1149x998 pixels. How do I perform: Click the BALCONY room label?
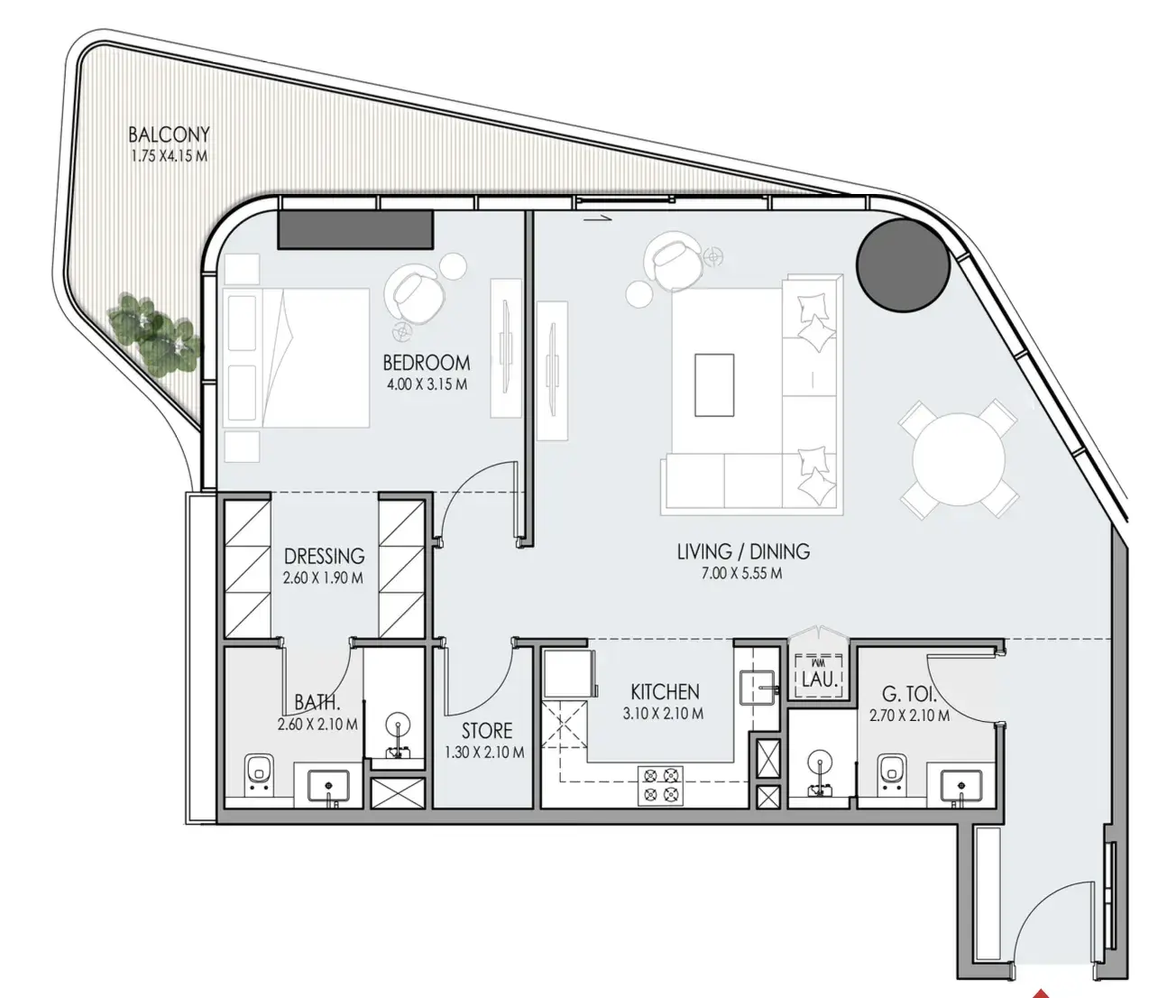pos(169,134)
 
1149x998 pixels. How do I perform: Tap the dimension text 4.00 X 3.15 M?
pos(427,385)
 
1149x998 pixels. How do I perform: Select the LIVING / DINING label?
pos(743,551)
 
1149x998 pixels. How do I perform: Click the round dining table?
pos(959,459)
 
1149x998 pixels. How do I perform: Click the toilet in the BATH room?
pos(258,775)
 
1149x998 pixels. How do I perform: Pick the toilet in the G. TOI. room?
pos(892,775)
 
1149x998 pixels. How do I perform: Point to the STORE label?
pos(487,731)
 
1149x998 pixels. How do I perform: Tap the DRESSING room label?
pos(324,557)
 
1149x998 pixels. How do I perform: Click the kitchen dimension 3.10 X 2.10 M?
pos(663,714)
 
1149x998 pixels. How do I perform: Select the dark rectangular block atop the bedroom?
pos(356,230)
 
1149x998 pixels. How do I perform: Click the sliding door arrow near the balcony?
pos(597,219)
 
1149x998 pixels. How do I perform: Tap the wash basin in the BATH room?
pos(328,785)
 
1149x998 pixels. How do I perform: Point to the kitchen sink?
pos(758,688)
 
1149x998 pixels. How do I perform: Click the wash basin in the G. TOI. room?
pos(961,785)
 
